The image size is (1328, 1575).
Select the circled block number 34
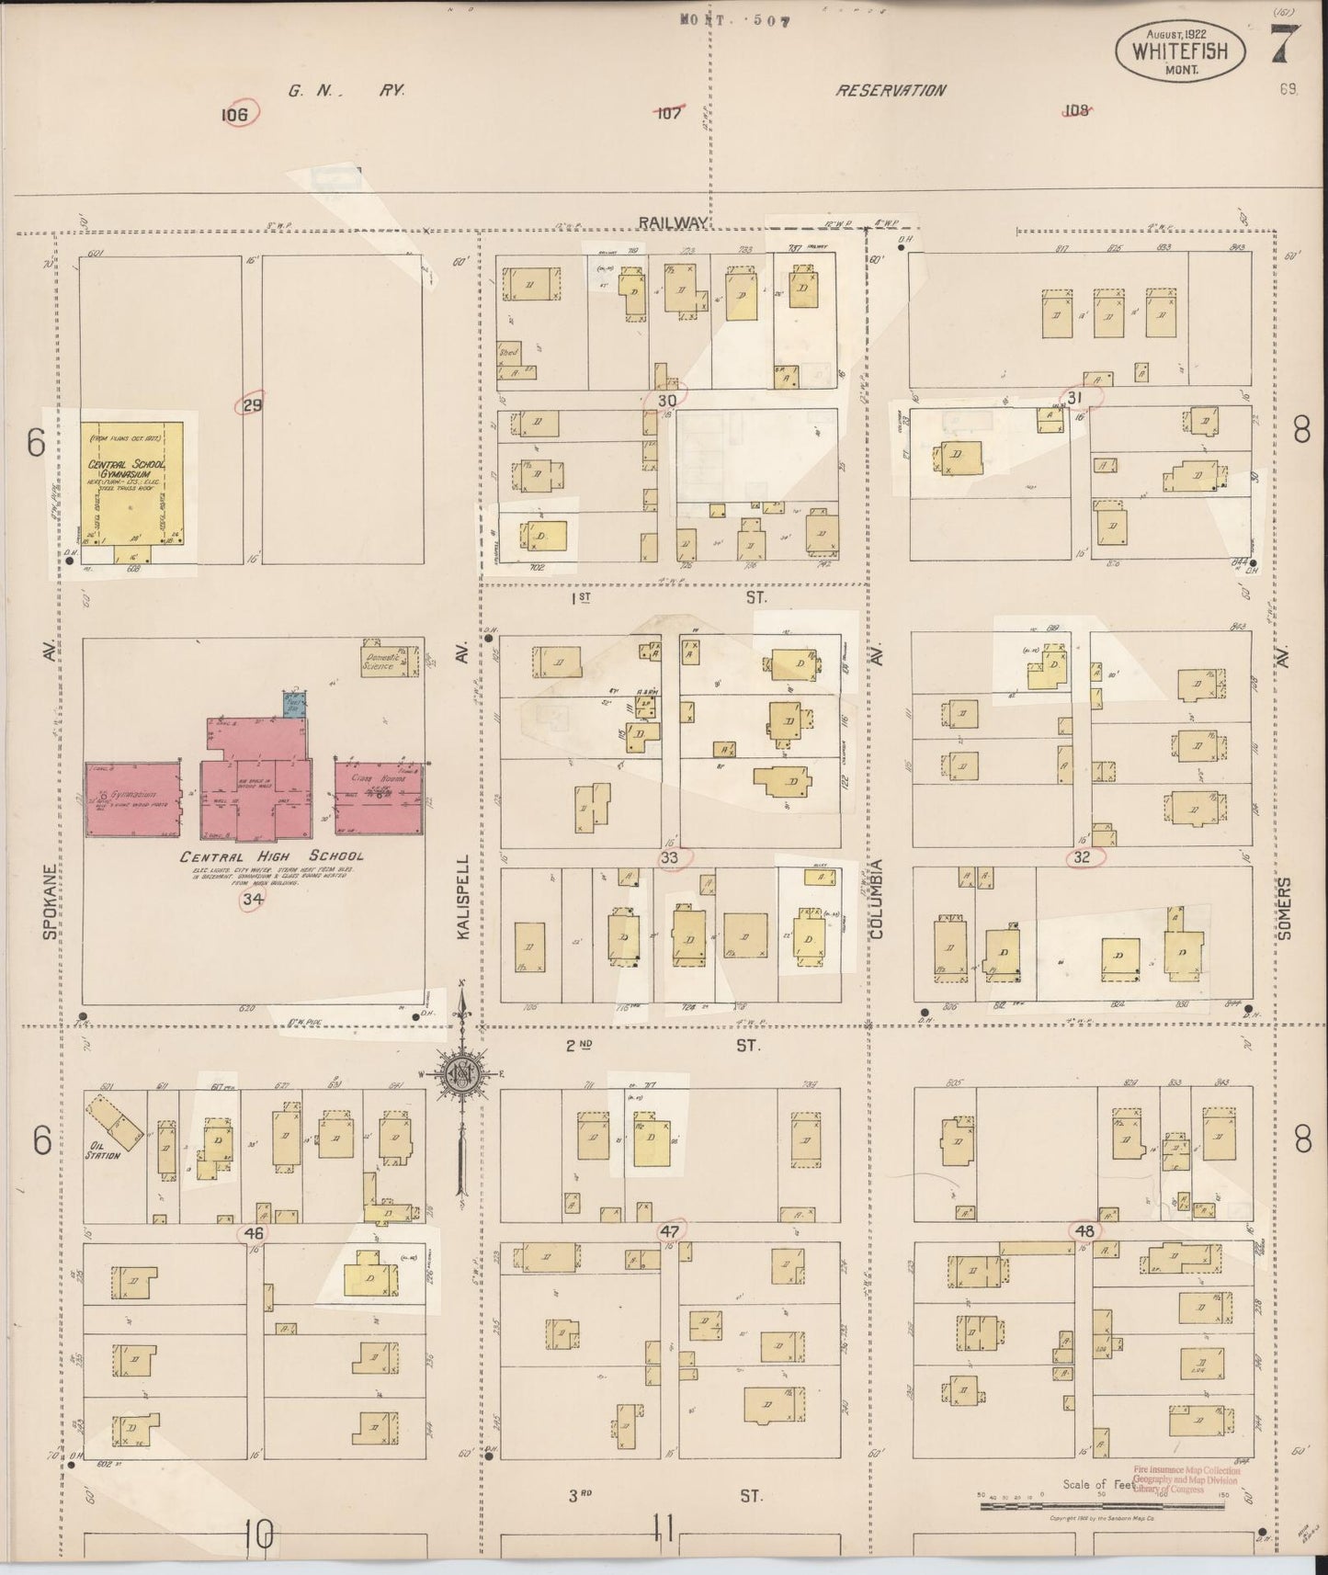click(252, 900)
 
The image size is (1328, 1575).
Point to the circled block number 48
click(1084, 1230)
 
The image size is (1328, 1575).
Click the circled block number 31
click(1073, 397)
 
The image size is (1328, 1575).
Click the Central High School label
click(271, 856)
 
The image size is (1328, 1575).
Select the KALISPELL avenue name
click(463, 897)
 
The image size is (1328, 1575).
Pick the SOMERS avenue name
click(1284, 909)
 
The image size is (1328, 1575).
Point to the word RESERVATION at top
click(890, 90)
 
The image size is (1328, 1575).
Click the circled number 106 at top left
click(236, 114)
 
